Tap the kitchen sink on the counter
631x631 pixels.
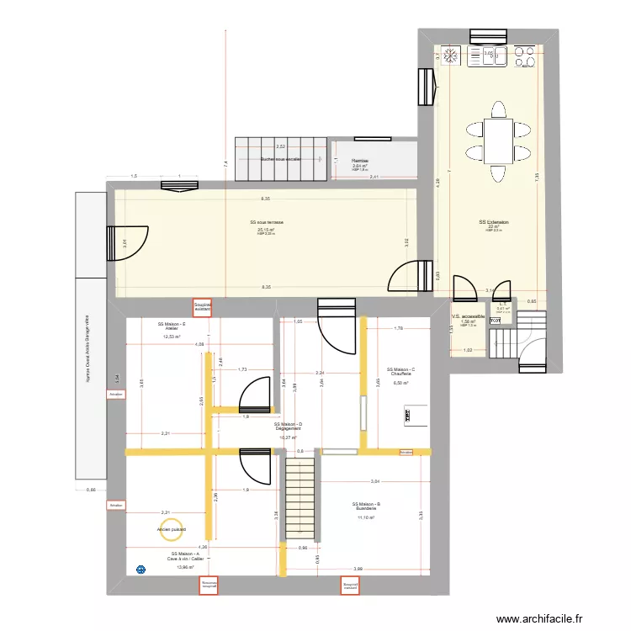click(489, 56)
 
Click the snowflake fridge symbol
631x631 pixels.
click(451, 56)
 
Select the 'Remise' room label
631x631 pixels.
click(360, 160)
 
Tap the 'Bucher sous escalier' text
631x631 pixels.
click(280, 159)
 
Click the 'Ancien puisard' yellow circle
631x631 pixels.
click(172, 529)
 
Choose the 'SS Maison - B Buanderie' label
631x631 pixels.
click(366, 506)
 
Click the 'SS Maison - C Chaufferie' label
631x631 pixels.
click(400, 372)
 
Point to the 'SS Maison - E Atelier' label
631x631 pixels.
click(172, 326)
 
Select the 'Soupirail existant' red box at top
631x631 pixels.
click(202, 308)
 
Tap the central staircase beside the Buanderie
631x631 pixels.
click(300, 496)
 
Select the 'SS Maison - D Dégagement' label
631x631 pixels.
click(288, 427)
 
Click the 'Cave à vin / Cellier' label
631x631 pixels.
click(184, 558)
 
